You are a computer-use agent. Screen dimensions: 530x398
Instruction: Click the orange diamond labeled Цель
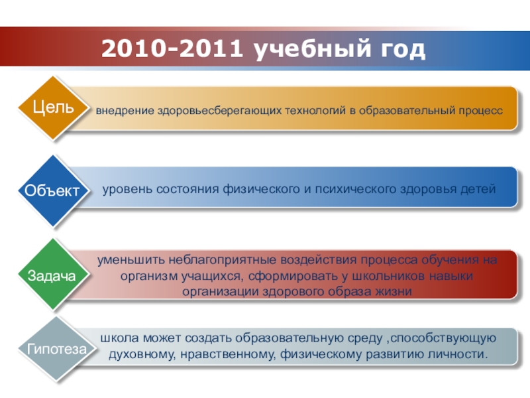53,108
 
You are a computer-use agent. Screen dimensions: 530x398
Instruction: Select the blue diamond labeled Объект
53,191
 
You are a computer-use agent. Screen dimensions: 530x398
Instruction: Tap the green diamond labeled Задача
53,275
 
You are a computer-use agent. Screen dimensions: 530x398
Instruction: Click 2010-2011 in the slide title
172,48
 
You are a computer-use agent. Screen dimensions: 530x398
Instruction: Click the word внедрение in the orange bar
125,111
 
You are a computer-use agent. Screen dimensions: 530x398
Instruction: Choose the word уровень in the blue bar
127,189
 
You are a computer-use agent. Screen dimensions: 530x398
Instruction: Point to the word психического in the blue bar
356,189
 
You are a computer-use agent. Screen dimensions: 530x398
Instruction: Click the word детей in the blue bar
478,189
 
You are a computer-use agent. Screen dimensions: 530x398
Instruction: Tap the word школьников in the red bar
388,276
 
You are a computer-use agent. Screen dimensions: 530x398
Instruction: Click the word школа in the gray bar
120,338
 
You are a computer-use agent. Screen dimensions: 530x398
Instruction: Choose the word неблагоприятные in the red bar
223,260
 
